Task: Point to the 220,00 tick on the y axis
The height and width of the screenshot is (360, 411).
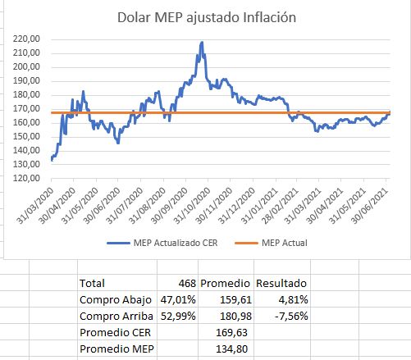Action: coord(27,39)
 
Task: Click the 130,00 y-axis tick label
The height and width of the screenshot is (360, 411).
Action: coord(27,164)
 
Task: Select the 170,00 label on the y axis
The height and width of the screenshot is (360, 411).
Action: coord(27,108)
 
